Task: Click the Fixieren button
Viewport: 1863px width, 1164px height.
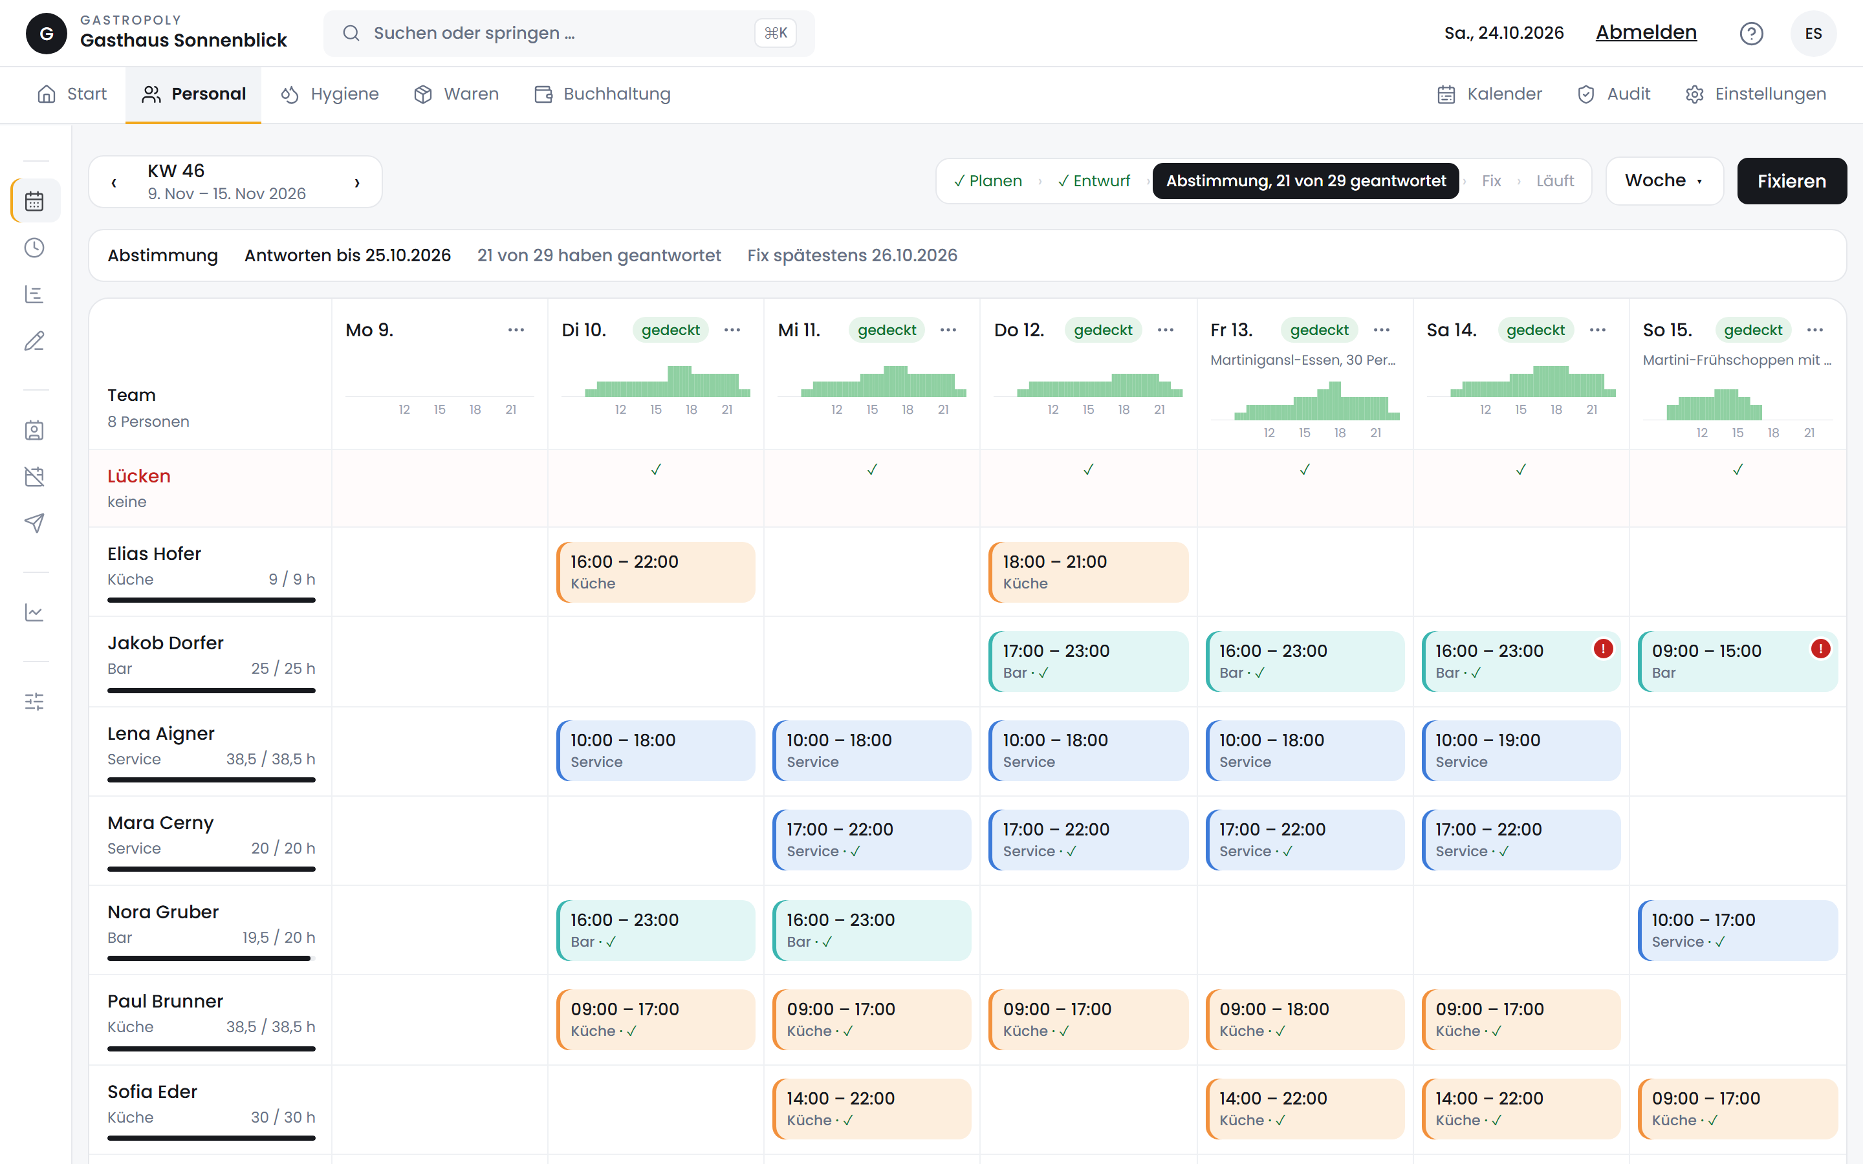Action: click(1791, 181)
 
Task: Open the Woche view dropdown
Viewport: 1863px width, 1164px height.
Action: click(1664, 181)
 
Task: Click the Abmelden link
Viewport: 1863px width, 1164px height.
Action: click(1646, 32)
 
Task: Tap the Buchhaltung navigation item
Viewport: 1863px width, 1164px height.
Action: click(602, 94)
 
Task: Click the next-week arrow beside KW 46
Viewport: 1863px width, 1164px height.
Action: click(356, 182)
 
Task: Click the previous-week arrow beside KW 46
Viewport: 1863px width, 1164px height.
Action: click(114, 182)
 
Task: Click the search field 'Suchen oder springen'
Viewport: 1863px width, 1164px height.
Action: click(569, 33)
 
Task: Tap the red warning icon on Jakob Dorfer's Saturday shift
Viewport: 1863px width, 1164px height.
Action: click(1603, 649)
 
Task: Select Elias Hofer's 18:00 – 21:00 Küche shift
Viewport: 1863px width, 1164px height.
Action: click(1088, 572)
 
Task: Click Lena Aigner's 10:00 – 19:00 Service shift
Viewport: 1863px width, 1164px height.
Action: click(1520, 751)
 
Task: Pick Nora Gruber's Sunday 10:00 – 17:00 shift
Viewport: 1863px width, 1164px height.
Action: click(1738, 930)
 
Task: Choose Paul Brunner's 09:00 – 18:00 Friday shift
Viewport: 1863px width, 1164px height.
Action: click(1305, 1019)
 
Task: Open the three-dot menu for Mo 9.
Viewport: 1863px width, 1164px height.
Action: click(516, 330)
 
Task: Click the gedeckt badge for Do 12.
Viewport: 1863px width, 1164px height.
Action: click(1102, 330)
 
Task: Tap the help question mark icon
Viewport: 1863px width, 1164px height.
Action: click(1751, 33)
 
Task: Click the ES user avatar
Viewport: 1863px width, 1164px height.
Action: click(1813, 33)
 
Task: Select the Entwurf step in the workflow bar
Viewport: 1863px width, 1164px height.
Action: click(1094, 181)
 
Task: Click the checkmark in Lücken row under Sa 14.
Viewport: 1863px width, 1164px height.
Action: click(1521, 469)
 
